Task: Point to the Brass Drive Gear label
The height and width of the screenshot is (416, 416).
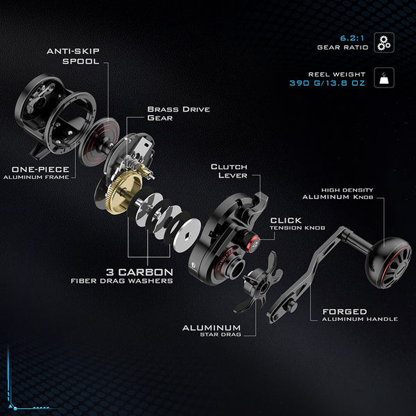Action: coord(178,114)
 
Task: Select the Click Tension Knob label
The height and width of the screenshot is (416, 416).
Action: coord(295,224)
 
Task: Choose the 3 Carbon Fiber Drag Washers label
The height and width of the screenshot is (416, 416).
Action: coord(122,275)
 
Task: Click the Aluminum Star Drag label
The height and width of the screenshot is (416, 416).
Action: coord(211,331)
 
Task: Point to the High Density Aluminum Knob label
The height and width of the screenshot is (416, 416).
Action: coord(347,193)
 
